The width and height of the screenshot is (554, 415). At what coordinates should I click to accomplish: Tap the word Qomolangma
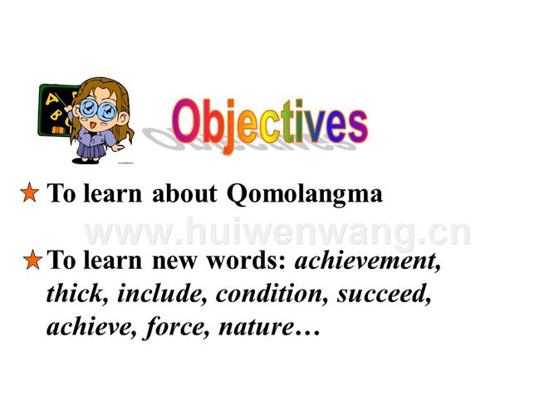point(304,195)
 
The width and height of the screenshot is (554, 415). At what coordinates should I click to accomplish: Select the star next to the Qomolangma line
point(29,194)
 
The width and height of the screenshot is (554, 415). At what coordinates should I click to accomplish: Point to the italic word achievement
point(368,261)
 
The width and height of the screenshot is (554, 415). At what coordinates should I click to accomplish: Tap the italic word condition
point(265,295)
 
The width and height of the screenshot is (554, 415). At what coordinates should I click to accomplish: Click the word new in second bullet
point(176,262)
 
